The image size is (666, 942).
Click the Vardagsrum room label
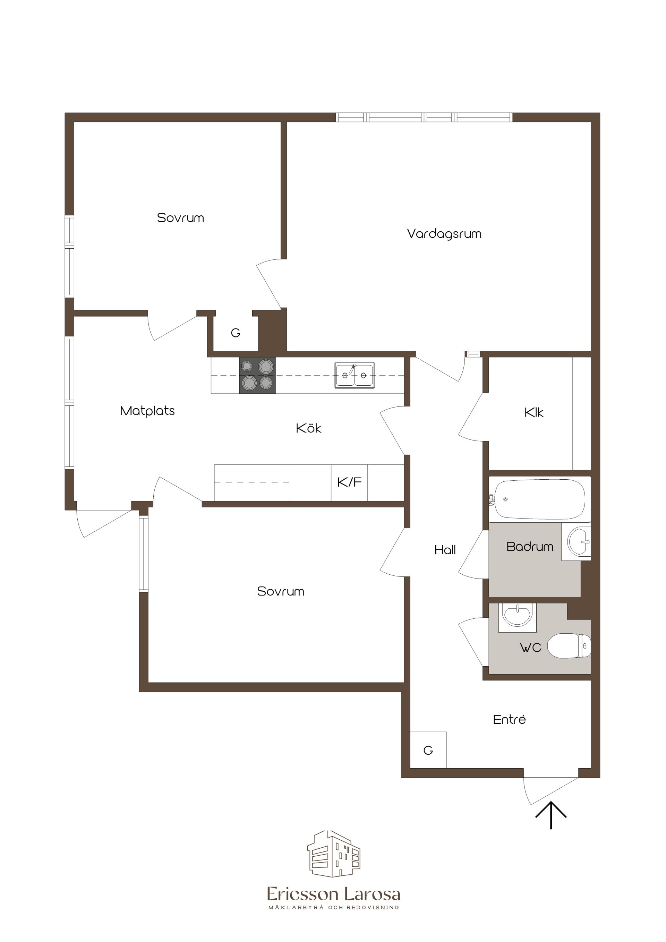point(444,234)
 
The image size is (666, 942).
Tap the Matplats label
point(147,411)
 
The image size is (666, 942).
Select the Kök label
point(309,428)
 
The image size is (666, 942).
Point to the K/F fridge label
point(349,482)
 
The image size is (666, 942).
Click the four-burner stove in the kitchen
point(258,375)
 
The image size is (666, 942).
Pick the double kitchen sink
point(355,375)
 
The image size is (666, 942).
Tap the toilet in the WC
point(569,646)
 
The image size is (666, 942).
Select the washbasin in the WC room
point(517,617)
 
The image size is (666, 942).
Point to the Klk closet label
point(534,412)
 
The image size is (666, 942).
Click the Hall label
point(445,550)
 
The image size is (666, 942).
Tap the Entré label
point(509,719)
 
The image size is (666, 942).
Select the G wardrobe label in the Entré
point(428,751)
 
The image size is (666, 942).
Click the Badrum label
point(530,547)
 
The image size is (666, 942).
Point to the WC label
point(531,648)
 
